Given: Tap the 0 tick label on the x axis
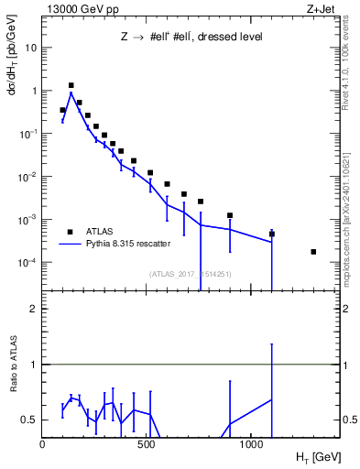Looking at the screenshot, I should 42,444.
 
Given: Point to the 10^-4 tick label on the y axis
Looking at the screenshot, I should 27,262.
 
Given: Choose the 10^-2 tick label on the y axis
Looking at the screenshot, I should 27,176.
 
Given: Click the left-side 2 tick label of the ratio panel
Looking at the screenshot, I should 35,309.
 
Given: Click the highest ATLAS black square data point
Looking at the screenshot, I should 71,85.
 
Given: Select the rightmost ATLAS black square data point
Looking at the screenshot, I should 313,252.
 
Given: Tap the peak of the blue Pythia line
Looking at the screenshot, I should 71,93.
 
